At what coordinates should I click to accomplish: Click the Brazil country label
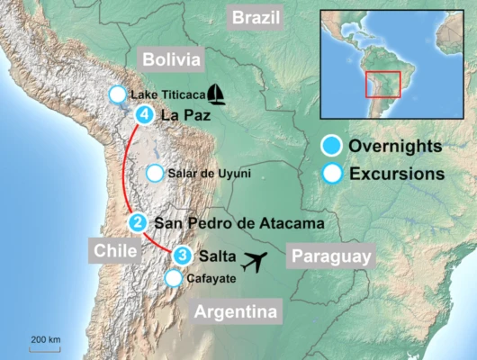pyautogui.click(x=256, y=16)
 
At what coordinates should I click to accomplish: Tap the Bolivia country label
pyautogui.click(x=171, y=59)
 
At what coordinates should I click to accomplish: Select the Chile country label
pyautogui.click(x=113, y=248)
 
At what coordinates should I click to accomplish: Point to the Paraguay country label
pyautogui.click(x=330, y=257)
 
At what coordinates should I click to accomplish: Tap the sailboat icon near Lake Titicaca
pyautogui.click(x=216, y=93)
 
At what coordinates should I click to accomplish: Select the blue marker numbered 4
pyautogui.click(x=145, y=115)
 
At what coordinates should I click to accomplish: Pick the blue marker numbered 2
pyautogui.click(x=137, y=222)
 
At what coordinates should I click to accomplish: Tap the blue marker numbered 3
pyautogui.click(x=183, y=256)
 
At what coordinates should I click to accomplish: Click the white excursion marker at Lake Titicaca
pyautogui.click(x=117, y=94)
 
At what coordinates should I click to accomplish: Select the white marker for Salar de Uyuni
pyautogui.click(x=155, y=173)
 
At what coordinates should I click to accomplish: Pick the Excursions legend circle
pyautogui.click(x=332, y=173)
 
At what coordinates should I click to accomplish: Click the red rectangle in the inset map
pyautogui.click(x=382, y=83)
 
